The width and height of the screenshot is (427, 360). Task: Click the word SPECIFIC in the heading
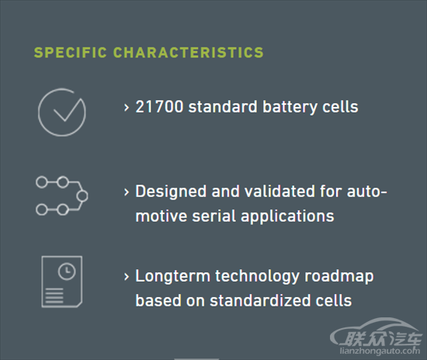[x=70, y=53]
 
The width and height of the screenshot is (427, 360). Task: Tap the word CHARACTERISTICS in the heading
[x=189, y=53]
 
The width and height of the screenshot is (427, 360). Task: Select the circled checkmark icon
[x=62, y=112]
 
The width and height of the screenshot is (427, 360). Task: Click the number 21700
[x=159, y=106]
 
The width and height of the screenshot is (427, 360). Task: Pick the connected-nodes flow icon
[x=62, y=196]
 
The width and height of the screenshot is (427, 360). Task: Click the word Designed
[x=171, y=192]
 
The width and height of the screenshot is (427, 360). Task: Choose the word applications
[x=287, y=217]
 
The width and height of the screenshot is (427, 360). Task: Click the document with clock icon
[x=62, y=282]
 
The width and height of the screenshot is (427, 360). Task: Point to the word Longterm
[x=172, y=276]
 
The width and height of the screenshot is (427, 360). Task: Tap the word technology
[x=257, y=276]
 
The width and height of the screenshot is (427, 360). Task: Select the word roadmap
[x=339, y=276]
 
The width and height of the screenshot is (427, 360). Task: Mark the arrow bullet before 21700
[x=126, y=108]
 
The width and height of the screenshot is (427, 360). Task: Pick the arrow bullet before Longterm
[x=126, y=277]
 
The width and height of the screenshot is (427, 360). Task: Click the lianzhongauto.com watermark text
[x=380, y=351]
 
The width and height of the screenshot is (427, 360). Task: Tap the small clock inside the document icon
[x=67, y=272]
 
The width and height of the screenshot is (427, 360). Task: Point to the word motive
[x=161, y=216]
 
